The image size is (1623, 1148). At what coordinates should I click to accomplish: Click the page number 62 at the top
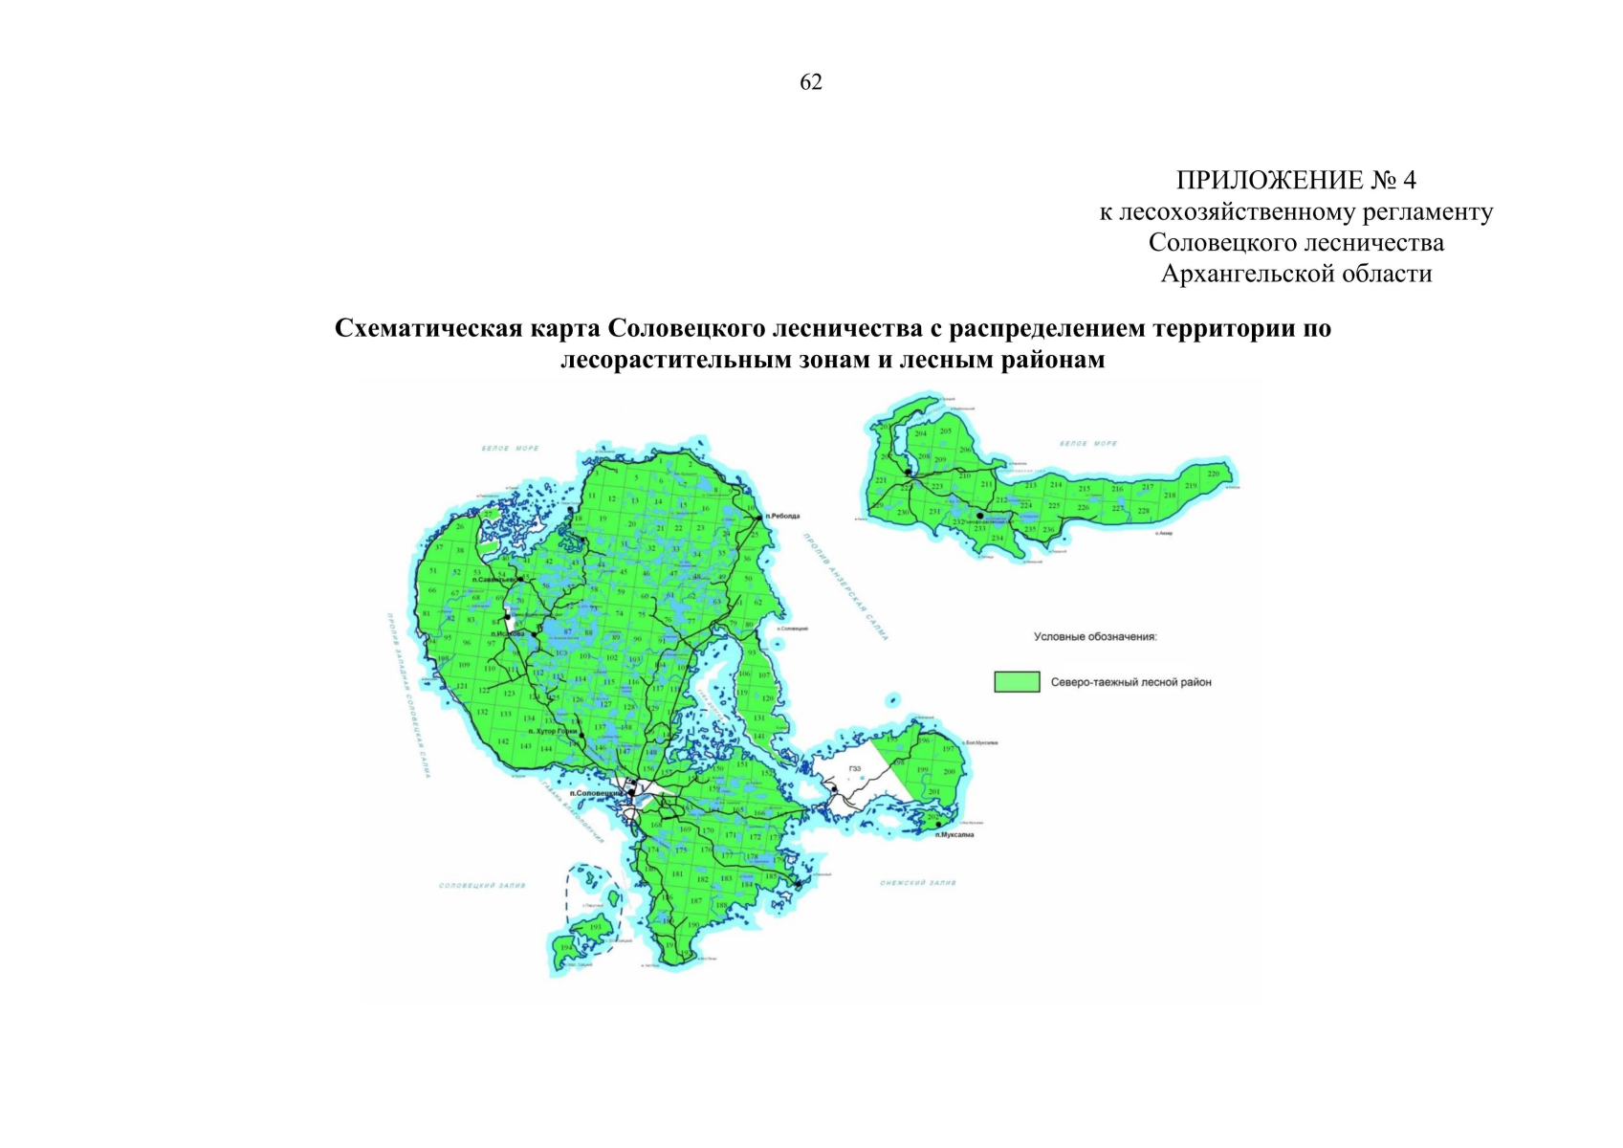(x=810, y=82)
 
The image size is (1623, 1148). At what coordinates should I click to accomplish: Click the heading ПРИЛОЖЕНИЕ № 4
(x=1296, y=180)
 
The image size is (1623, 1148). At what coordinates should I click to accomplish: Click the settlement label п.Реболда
(x=782, y=517)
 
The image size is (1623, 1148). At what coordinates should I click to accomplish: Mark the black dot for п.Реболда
(x=760, y=518)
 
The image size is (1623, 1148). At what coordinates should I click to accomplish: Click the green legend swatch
(x=1017, y=681)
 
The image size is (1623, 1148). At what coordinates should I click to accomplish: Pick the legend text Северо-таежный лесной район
(x=1130, y=682)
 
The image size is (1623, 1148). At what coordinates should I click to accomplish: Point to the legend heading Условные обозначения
(x=1095, y=636)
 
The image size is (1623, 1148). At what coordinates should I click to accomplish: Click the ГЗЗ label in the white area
(x=854, y=769)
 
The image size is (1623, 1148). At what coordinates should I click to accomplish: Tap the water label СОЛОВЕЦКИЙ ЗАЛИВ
(x=482, y=886)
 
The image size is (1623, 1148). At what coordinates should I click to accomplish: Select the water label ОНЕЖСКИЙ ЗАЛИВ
(x=917, y=883)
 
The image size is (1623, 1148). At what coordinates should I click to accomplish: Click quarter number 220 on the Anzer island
(x=1215, y=474)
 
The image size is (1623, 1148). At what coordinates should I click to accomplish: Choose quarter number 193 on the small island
(x=597, y=927)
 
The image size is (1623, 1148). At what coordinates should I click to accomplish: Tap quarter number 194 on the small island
(x=566, y=948)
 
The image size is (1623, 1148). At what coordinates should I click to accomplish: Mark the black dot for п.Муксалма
(x=938, y=825)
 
